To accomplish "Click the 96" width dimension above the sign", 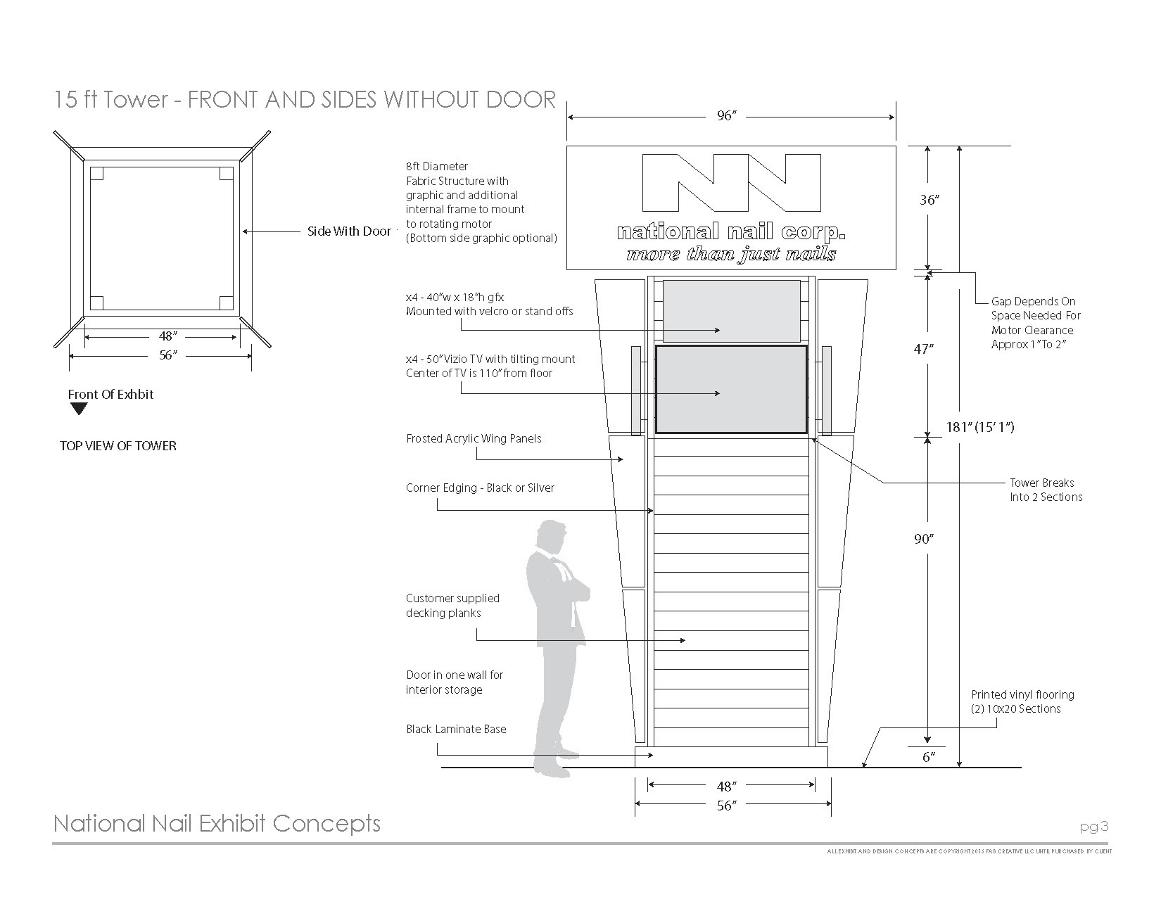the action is click(726, 116).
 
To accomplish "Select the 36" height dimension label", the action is click(929, 201).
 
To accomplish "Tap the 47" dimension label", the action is click(922, 349).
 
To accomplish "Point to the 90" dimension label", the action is click(922, 540).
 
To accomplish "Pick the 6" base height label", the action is click(929, 757).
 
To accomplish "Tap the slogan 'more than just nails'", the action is click(731, 254).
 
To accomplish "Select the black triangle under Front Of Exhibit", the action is click(79, 409).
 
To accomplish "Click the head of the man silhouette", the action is click(550, 537).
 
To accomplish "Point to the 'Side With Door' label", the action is click(349, 231).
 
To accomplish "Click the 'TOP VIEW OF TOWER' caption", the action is click(118, 446).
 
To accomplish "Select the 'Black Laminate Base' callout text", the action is click(456, 730).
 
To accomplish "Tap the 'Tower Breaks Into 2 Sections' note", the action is click(1046, 490).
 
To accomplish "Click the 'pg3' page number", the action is click(1094, 827).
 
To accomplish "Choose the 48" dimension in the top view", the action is click(166, 336).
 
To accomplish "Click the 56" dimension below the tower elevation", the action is click(726, 806).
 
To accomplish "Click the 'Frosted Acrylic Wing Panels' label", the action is click(474, 439).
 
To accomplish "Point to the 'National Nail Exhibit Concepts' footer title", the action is click(217, 823).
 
